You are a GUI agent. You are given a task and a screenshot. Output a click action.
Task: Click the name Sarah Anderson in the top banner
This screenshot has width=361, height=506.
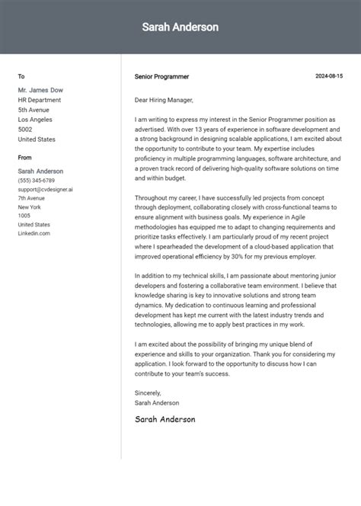[x=180, y=27]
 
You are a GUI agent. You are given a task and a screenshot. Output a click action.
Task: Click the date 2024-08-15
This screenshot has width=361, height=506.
[x=329, y=76]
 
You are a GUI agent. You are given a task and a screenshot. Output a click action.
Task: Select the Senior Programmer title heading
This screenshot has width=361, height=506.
[x=161, y=77]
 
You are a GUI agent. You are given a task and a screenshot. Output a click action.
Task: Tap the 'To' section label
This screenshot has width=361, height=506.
[x=21, y=76]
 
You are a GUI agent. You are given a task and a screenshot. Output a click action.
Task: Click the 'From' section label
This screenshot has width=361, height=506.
[x=25, y=157]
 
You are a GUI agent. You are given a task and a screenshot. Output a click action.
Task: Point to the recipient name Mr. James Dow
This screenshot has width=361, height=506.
[x=42, y=90]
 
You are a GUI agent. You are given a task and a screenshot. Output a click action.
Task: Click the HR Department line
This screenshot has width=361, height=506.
[x=40, y=100]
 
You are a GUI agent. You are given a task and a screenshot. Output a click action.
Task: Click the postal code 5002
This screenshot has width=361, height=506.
[x=25, y=130]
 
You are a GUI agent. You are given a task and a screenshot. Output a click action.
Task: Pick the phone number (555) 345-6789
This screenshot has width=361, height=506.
[x=37, y=181]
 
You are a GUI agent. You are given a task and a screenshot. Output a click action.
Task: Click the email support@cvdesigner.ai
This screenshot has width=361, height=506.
[x=46, y=189]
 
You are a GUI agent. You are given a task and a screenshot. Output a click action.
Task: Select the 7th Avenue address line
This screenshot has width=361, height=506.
[x=33, y=198]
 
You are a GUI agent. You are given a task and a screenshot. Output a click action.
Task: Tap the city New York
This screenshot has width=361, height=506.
[x=30, y=207]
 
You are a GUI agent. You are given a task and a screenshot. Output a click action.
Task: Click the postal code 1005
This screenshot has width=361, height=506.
[x=24, y=216]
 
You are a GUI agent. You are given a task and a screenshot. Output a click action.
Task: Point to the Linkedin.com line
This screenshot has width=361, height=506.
[x=34, y=233]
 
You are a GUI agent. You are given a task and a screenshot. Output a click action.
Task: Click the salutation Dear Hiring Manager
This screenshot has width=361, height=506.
[x=164, y=100]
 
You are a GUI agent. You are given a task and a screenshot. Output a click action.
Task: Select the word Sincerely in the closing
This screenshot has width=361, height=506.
[x=149, y=393]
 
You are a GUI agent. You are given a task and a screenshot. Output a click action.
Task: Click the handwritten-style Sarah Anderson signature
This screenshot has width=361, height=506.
[x=165, y=419]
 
